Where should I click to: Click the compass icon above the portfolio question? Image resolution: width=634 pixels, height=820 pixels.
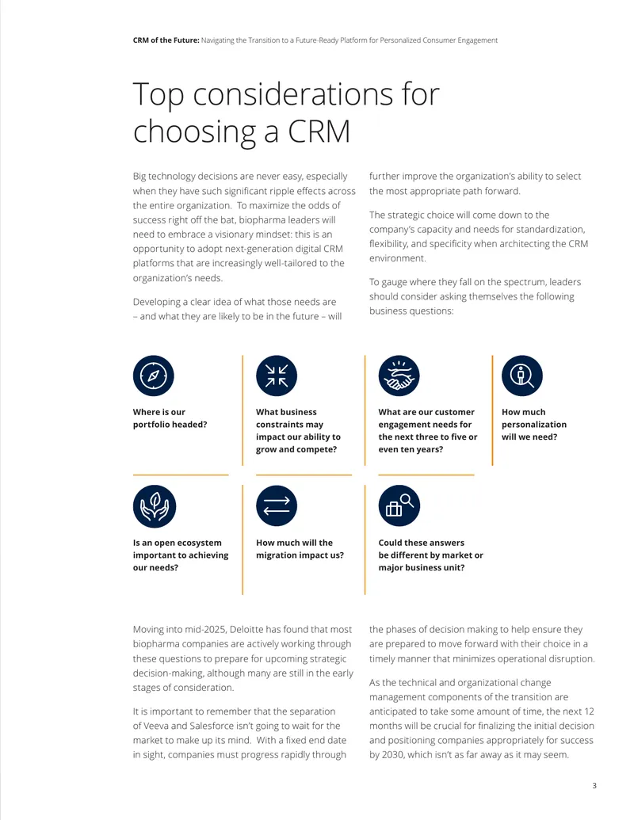pos(153,376)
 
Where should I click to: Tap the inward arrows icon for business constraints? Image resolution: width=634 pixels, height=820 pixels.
pos(277,376)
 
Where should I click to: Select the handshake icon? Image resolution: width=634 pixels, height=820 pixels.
pos(399,376)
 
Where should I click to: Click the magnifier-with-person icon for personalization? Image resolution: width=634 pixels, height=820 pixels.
pos(522,376)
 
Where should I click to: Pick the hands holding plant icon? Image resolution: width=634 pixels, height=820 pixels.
pos(155,506)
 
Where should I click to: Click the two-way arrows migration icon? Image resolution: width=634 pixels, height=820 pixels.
pos(277,505)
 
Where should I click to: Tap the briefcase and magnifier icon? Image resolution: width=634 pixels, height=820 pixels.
pos(399,505)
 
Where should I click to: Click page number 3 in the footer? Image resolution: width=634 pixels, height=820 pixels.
pos(594,785)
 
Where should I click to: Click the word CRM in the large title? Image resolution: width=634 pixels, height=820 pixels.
pos(319,131)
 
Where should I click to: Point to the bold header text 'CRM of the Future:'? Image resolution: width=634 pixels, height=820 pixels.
pos(166,40)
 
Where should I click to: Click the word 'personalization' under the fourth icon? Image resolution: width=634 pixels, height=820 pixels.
pos(534,425)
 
